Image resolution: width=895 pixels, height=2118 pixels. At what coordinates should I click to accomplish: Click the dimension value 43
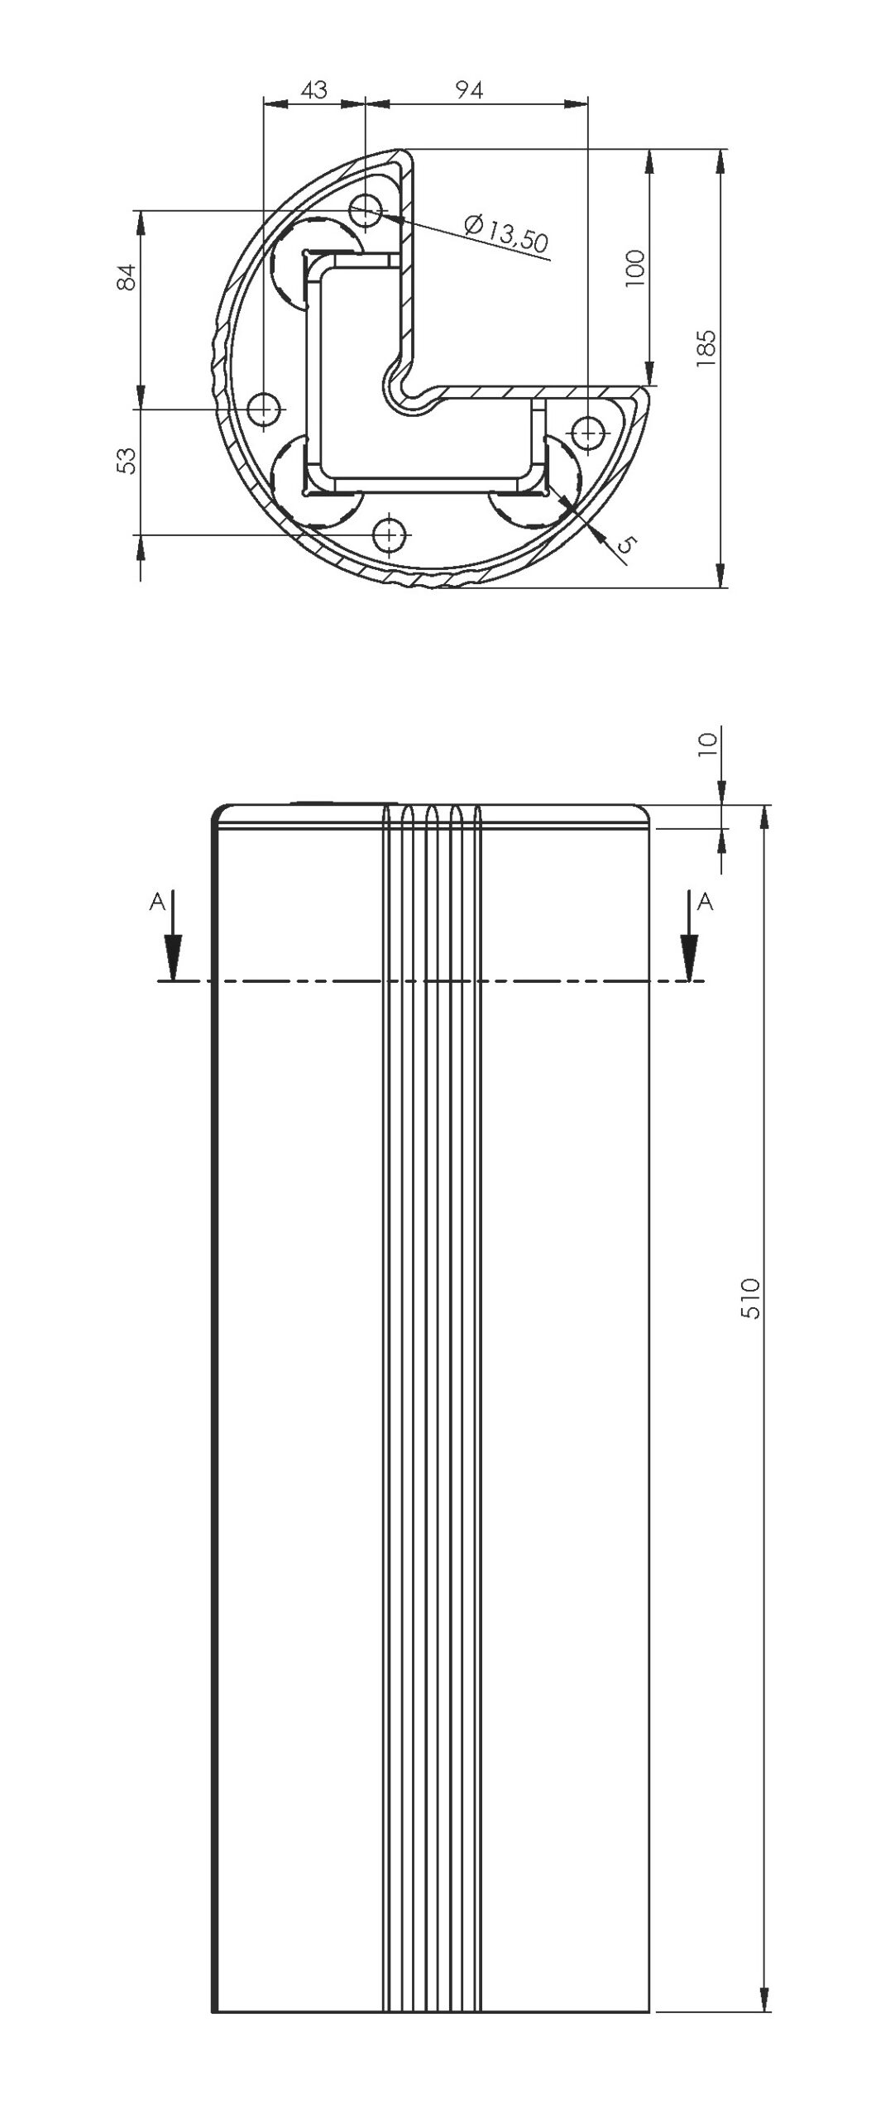pos(314,89)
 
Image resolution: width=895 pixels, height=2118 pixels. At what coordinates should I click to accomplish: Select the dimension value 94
pos(469,89)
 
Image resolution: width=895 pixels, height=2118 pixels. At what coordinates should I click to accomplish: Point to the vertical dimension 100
pos(635,267)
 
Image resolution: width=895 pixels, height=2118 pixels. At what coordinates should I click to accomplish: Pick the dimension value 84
pos(126,276)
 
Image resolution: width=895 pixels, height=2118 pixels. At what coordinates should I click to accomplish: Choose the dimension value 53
pos(126,461)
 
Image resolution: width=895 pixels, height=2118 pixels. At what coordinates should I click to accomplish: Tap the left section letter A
pos(156,903)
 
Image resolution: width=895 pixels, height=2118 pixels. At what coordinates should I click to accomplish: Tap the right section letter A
pos(705,902)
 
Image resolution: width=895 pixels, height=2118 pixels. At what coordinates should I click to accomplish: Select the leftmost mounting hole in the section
pos(264,409)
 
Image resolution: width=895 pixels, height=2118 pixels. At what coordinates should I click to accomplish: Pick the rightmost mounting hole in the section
pos(587,432)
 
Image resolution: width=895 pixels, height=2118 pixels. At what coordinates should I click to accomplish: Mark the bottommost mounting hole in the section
pos(387,535)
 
